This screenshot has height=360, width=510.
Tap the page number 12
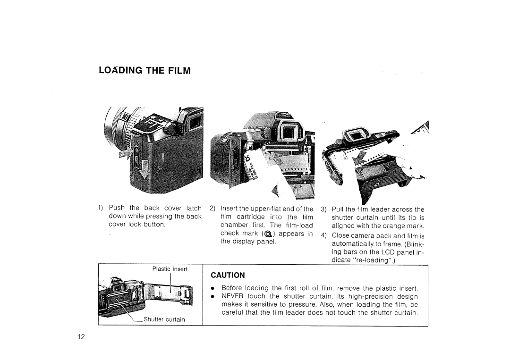(x=81, y=336)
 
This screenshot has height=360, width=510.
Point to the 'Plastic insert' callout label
(x=170, y=269)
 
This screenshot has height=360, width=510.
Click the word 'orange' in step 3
(x=389, y=226)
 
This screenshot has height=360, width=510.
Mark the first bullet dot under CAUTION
(x=213, y=288)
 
